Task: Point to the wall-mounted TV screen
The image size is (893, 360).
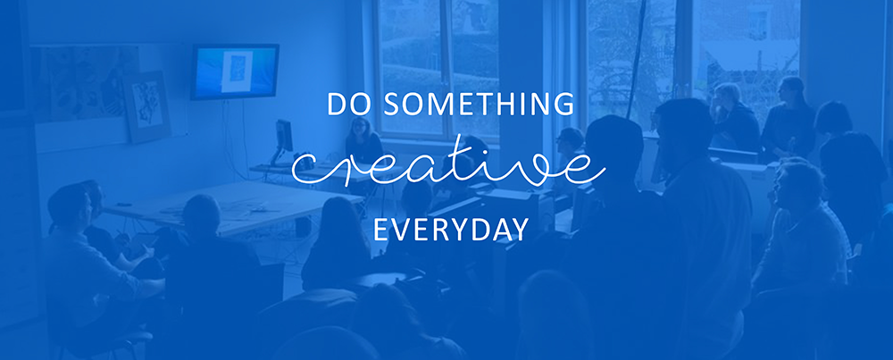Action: (235, 71)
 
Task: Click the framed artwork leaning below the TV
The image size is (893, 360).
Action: (147, 106)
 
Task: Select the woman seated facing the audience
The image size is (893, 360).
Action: (363, 142)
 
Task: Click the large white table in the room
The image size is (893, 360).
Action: (233, 206)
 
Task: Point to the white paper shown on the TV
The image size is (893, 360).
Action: (237, 71)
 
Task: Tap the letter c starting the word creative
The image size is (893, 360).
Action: (305, 169)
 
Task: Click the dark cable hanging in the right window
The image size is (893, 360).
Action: (636, 60)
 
